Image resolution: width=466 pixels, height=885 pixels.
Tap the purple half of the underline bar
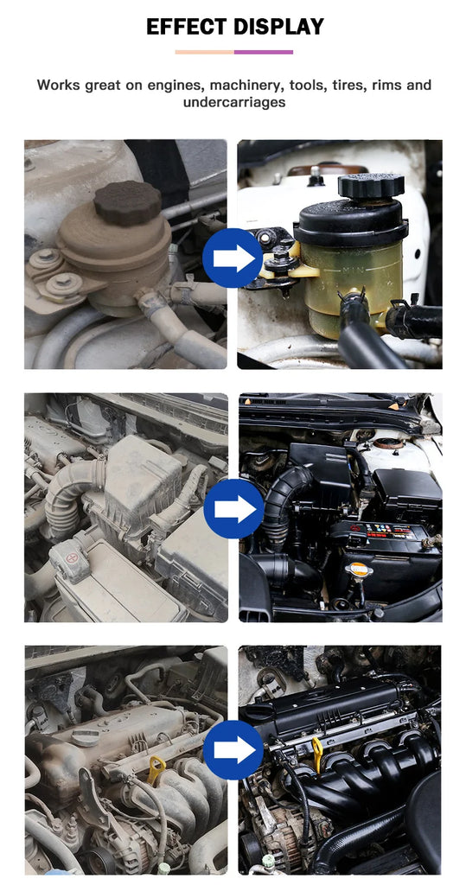click(x=263, y=52)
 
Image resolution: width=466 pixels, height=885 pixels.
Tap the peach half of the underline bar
click(x=205, y=52)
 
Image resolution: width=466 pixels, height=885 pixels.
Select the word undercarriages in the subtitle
click(x=233, y=103)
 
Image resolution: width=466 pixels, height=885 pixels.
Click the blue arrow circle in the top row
click(x=233, y=258)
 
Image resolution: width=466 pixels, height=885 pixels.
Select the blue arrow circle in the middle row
click(x=233, y=509)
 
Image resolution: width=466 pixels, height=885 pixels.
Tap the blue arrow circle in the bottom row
click(x=233, y=749)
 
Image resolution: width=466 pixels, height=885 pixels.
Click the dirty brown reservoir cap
click(x=128, y=202)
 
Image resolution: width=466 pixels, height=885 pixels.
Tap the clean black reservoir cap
click(x=371, y=187)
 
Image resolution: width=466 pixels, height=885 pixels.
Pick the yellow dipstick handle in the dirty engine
click(x=156, y=769)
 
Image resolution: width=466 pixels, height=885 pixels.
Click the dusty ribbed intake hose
click(x=67, y=498)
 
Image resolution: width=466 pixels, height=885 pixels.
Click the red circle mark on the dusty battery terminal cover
click(x=72, y=557)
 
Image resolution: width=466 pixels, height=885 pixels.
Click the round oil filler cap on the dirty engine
click(x=86, y=736)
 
